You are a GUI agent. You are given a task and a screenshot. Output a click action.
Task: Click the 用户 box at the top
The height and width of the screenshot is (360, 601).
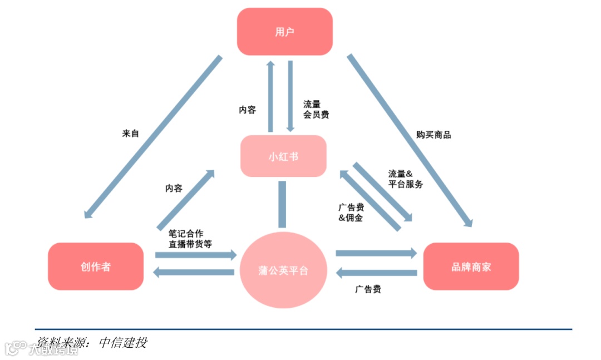284,32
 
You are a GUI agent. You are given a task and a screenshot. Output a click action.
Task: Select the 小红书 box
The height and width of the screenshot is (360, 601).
283,156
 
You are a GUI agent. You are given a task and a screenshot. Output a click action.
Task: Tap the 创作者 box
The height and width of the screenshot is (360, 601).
95,267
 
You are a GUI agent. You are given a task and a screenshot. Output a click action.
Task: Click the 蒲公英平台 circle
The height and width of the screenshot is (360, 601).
284,270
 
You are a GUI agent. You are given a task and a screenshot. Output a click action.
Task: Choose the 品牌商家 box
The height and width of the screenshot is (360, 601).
471,267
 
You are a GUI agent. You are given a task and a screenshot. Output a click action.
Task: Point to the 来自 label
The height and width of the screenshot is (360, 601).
130,134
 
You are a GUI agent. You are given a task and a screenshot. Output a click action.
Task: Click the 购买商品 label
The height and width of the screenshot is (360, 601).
433,135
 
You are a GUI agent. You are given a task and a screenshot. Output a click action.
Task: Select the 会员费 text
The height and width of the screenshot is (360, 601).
316,115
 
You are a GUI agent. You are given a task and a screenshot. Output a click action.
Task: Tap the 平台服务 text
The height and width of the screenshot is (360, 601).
405,184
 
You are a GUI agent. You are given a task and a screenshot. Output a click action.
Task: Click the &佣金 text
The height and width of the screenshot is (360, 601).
351,218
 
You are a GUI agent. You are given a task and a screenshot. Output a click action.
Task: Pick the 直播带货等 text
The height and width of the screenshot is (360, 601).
190,244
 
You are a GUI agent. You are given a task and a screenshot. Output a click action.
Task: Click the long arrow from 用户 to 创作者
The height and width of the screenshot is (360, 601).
153,136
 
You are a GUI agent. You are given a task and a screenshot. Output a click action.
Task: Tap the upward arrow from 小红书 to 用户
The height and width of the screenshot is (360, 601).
271,96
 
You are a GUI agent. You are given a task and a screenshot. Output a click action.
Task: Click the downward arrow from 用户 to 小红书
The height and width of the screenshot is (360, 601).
290,96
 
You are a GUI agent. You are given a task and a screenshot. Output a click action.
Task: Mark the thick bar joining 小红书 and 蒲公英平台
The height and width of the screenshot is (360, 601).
282,204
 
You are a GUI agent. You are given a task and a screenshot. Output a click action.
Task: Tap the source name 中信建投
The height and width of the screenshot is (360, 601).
123,342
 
